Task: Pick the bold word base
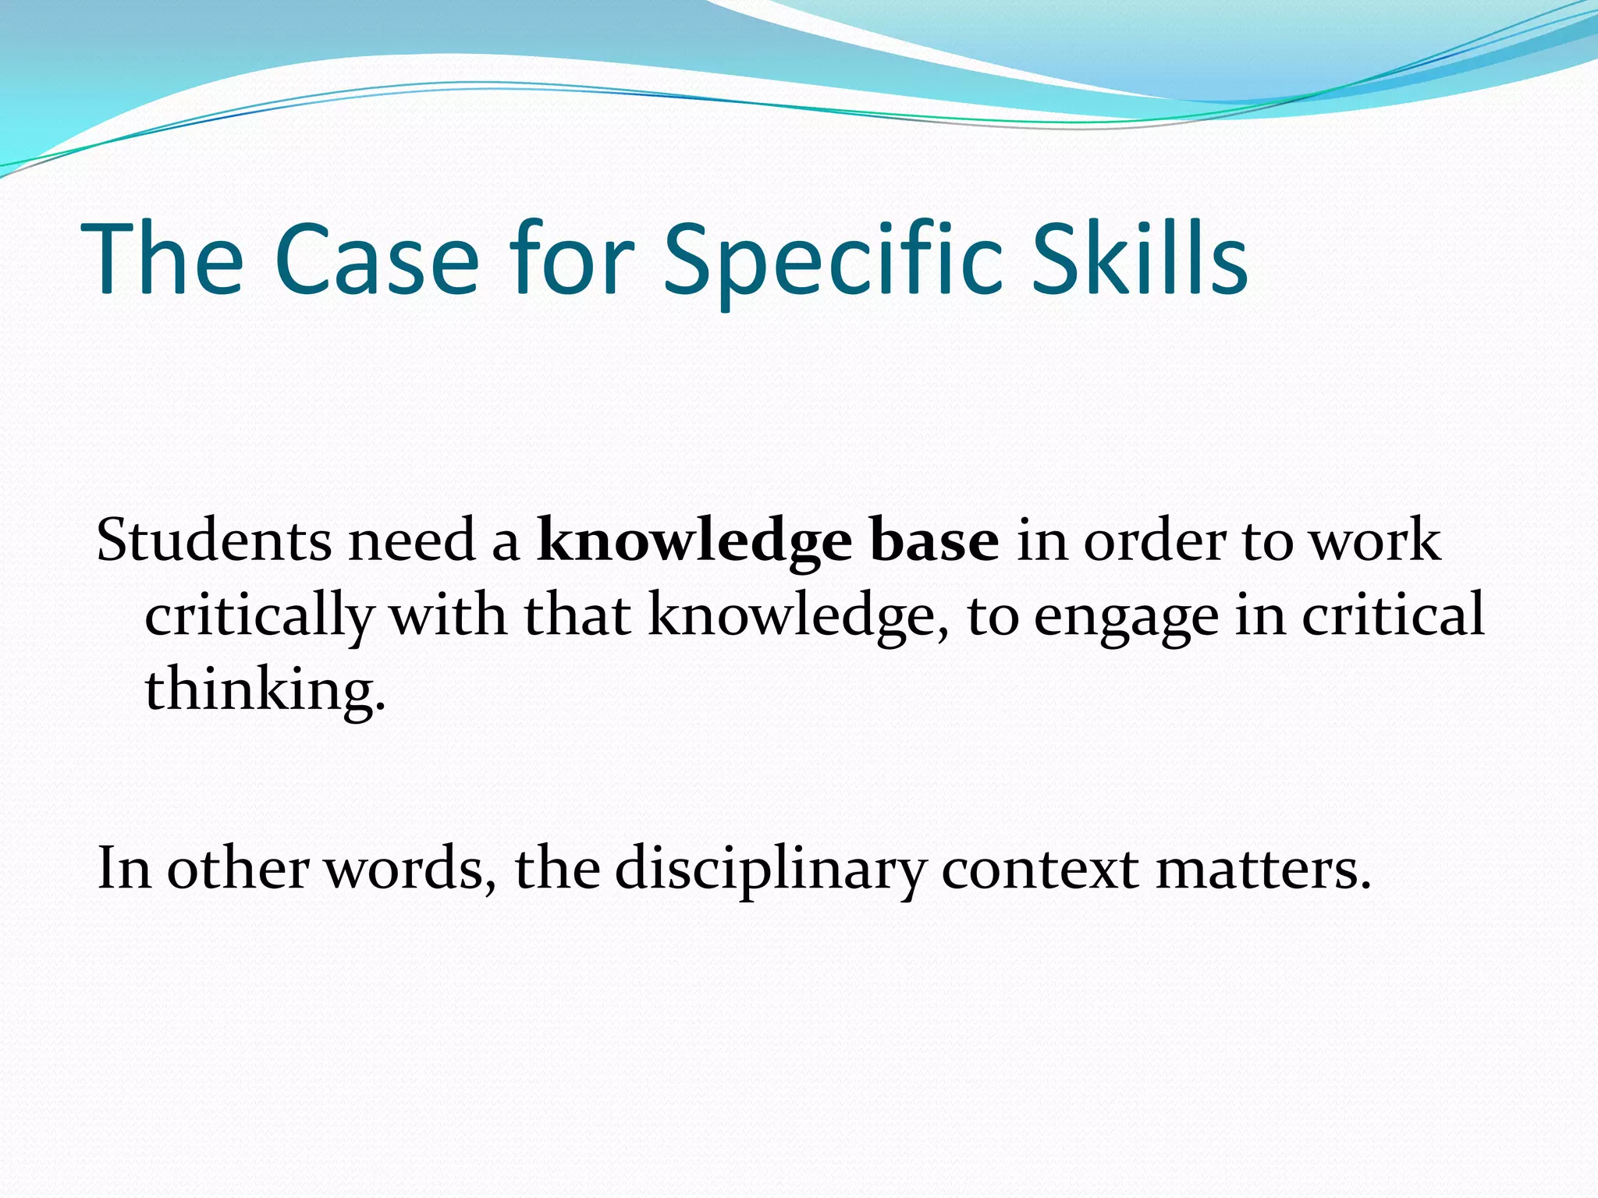coord(934,541)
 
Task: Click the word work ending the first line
coord(1374,541)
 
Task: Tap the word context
coord(1039,869)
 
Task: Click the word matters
coord(1262,869)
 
